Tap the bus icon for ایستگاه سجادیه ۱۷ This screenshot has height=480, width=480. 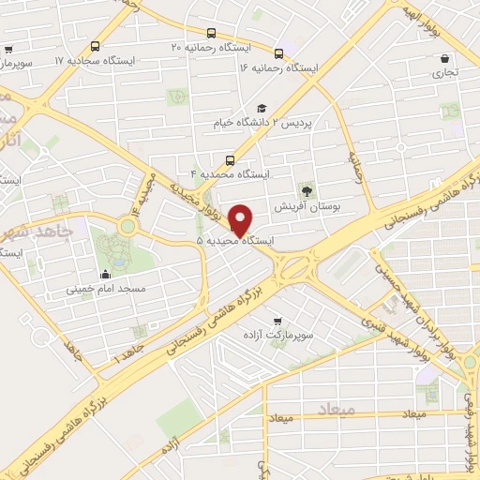tap(95, 46)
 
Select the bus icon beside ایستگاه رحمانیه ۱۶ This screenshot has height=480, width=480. tap(277, 53)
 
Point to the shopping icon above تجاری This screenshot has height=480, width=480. tap(444, 58)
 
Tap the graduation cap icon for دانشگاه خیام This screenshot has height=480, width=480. tap(262, 108)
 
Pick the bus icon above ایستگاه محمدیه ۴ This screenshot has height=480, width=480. tap(229, 159)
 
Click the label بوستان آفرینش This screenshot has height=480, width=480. tap(306, 204)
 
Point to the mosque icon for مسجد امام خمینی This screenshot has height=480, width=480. tap(104, 274)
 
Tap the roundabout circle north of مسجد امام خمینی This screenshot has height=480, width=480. tap(127, 226)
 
